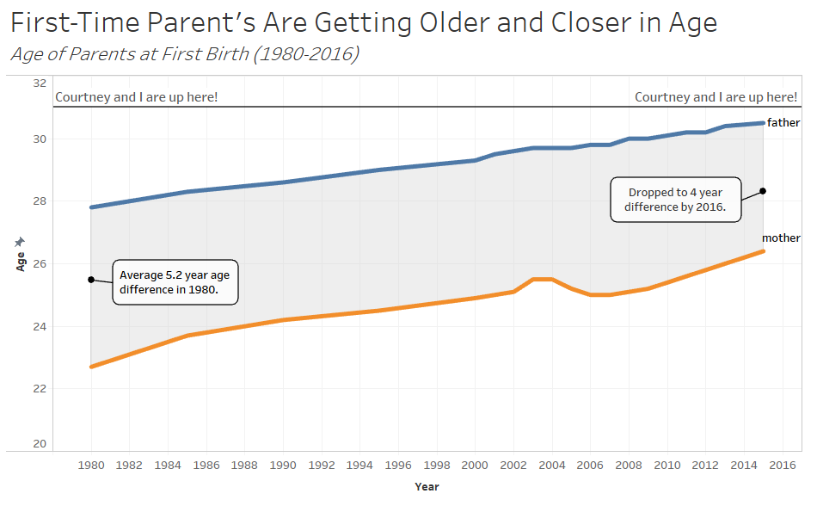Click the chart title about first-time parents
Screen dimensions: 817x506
point(364,23)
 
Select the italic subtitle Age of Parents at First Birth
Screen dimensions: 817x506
point(185,54)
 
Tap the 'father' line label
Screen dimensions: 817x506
point(783,122)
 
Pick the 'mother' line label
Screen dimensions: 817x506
point(781,238)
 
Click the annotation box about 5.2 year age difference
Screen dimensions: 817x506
point(175,282)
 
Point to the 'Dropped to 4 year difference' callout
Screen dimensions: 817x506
point(675,200)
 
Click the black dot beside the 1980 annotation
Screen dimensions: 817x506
point(91,280)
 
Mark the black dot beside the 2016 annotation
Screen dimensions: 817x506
point(763,191)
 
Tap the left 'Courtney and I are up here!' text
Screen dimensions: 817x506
point(137,97)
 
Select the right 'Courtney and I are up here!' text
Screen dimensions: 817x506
point(716,97)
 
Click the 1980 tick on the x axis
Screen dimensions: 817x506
point(91,465)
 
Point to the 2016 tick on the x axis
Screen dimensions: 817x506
point(782,465)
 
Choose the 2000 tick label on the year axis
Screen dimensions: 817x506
point(475,465)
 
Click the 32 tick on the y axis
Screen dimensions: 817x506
point(40,83)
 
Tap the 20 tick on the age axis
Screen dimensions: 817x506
point(40,443)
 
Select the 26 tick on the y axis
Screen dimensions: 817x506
point(40,263)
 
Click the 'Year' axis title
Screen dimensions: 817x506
point(427,487)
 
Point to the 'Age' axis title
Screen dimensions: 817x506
point(21,262)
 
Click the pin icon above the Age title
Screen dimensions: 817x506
point(20,242)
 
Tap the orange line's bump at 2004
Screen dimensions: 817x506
point(543,280)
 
